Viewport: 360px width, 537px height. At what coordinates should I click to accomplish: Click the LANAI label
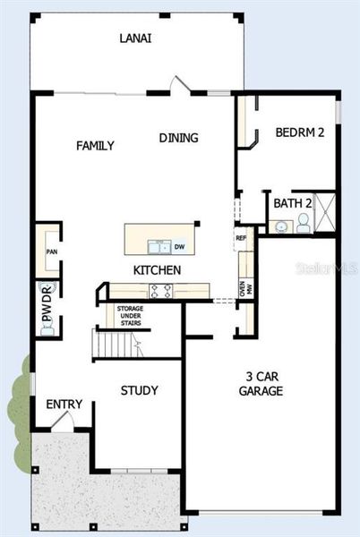point(135,38)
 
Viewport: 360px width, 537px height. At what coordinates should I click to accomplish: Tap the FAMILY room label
point(95,146)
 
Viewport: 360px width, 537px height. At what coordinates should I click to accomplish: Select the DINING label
point(179,138)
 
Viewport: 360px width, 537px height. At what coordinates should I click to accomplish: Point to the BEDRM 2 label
point(299,132)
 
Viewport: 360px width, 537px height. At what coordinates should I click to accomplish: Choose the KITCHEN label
point(158,270)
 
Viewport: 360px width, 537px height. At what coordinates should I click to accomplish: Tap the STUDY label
point(140,390)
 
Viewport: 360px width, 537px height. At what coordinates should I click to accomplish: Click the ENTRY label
point(64,405)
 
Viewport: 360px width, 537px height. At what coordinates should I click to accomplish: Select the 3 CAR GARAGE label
point(261,383)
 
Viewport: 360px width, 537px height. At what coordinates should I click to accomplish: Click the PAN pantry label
point(50,251)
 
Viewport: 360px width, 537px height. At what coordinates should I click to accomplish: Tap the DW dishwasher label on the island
point(179,247)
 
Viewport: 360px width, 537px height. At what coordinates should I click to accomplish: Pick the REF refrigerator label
point(241,238)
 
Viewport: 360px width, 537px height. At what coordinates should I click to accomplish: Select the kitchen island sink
point(159,246)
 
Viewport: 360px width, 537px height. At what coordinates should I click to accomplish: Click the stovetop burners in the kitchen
point(160,290)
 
